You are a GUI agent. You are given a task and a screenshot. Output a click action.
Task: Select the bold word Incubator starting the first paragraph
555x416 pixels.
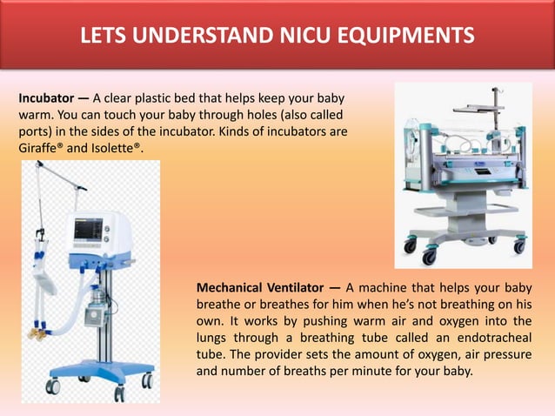click(x=46, y=97)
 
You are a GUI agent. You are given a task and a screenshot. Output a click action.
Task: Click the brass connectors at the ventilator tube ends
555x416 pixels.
click(x=37, y=332)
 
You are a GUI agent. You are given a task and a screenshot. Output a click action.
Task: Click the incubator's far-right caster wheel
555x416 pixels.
click(x=519, y=246)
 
